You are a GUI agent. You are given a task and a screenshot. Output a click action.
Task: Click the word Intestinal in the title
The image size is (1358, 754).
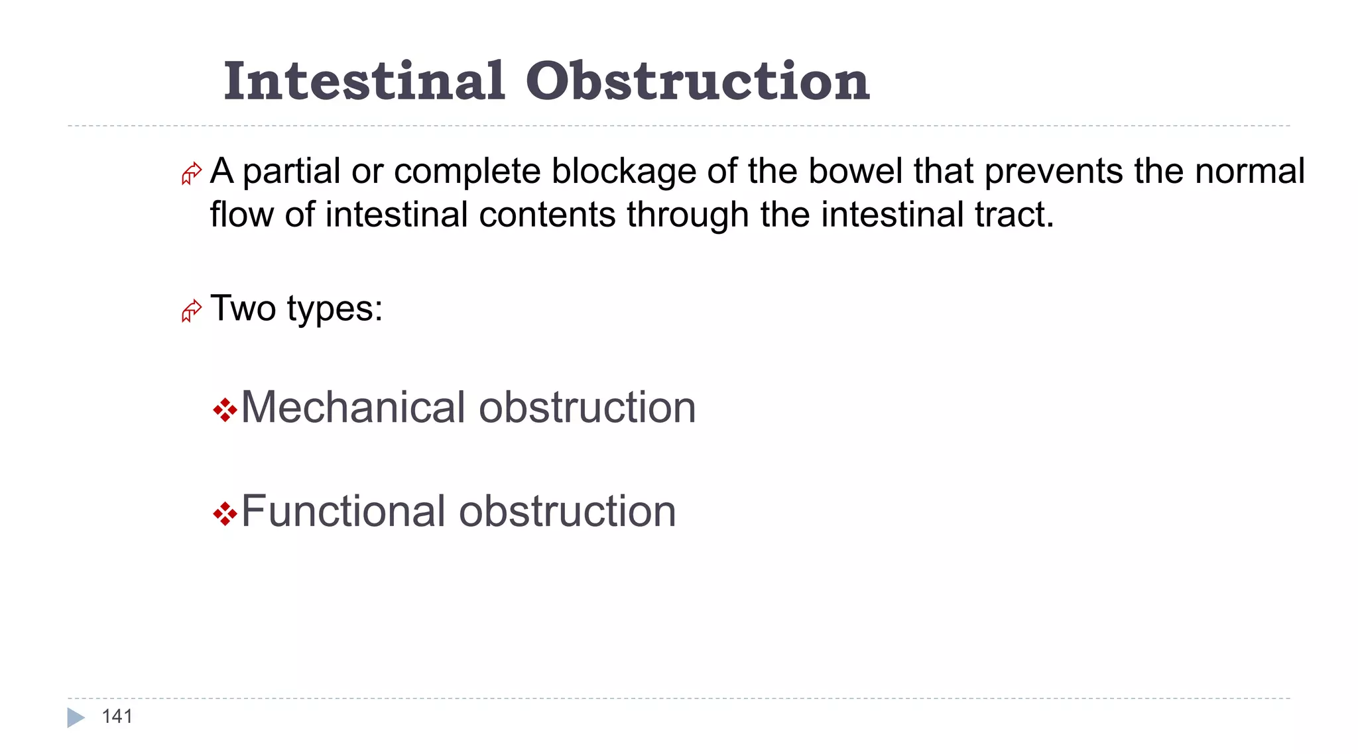pos(364,81)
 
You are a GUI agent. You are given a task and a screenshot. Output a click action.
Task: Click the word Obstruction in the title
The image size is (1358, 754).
pos(698,81)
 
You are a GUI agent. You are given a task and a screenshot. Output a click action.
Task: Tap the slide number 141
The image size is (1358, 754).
pos(117,716)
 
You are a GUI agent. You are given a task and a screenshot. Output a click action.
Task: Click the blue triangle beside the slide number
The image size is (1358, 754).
pos(76,718)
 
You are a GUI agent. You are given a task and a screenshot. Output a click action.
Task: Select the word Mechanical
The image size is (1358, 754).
pos(353,407)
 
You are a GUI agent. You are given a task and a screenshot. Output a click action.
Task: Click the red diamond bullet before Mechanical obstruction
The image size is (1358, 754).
pos(225,410)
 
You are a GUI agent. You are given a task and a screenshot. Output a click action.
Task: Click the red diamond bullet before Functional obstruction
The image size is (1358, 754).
pos(225,513)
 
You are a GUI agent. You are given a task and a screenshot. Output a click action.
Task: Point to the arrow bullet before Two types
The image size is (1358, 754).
pos(191,311)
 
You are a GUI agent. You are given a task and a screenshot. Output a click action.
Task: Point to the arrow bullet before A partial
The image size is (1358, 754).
pos(191,174)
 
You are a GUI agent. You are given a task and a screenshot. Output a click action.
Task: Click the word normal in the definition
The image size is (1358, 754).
pos(1250,172)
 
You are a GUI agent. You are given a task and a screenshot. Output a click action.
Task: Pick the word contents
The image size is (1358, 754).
pos(547,215)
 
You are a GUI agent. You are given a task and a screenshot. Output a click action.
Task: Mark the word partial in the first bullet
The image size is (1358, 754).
pos(292,172)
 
